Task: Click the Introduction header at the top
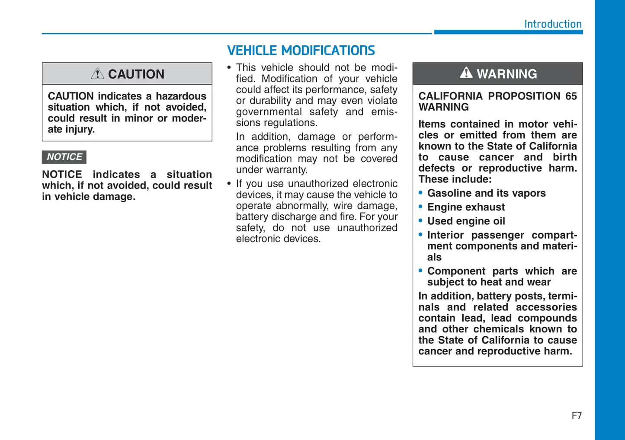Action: (552, 24)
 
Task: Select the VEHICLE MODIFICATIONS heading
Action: (301, 51)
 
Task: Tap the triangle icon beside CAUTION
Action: (97, 73)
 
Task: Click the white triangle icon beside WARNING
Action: (466, 73)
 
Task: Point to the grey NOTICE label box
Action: (64, 157)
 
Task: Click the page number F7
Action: (577, 415)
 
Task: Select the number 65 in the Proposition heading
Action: (571, 96)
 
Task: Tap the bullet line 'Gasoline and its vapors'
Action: (486, 193)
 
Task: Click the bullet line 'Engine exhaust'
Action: (466, 207)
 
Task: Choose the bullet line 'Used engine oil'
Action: (466, 221)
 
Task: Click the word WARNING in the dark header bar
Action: (506, 74)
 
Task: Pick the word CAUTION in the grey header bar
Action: (136, 74)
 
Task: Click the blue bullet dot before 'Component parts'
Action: (420, 271)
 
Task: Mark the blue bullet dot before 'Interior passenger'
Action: (420, 235)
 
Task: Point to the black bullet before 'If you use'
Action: (229, 184)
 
